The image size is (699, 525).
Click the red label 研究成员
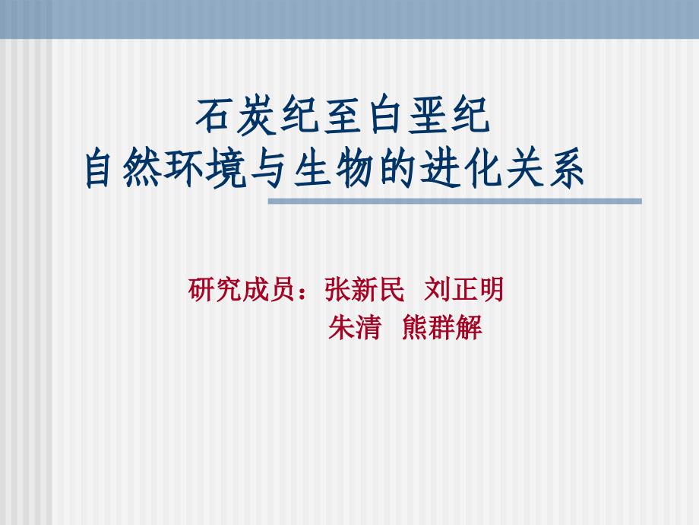238,290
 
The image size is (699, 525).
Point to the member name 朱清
354,329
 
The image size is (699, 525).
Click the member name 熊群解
442,329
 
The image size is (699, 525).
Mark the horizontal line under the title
456,202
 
